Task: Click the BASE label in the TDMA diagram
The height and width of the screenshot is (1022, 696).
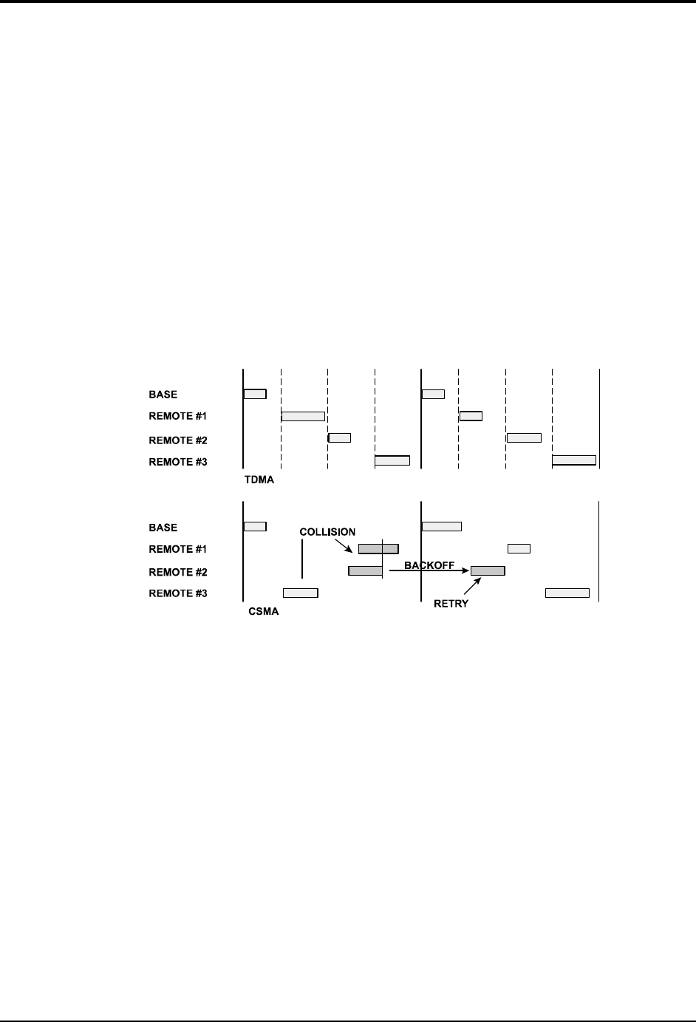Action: (x=163, y=395)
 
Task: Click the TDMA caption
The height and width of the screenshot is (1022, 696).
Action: (x=259, y=480)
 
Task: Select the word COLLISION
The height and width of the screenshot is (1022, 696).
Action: (x=327, y=532)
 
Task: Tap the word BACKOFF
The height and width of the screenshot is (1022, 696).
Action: (x=429, y=565)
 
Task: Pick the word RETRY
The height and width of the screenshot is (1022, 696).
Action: (x=451, y=603)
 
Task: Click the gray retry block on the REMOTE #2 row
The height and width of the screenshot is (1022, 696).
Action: (x=488, y=570)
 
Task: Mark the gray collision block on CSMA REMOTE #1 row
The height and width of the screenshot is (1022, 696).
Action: (x=378, y=548)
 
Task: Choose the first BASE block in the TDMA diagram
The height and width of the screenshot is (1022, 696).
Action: (x=255, y=393)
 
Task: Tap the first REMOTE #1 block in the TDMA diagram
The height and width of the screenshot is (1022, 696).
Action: (x=303, y=416)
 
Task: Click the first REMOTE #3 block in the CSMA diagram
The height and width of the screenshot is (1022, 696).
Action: (x=301, y=593)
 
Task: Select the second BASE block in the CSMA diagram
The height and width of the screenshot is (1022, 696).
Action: (x=441, y=526)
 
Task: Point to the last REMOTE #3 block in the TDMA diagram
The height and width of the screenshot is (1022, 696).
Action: (x=574, y=460)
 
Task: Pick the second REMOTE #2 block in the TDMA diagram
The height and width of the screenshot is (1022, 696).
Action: (x=524, y=437)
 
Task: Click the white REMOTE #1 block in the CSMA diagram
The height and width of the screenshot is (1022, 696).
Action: (x=519, y=548)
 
